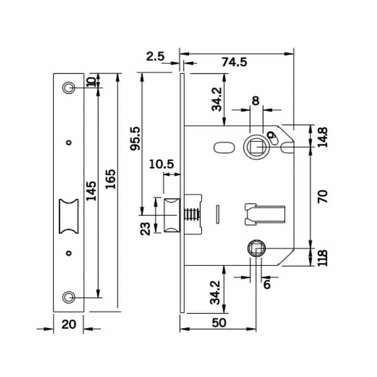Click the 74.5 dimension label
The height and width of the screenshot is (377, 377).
(x=234, y=62)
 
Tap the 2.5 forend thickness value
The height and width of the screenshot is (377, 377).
(x=155, y=57)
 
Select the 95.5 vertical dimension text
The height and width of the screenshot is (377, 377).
(x=135, y=138)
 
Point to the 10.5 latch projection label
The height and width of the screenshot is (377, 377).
(x=161, y=164)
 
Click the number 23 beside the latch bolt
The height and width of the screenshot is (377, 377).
(x=145, y=229)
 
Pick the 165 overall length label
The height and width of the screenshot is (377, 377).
(x=110, y=179)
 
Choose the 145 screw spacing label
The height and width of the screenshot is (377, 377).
(x=91, y=191)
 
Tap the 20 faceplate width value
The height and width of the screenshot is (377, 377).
(x=69, y=324)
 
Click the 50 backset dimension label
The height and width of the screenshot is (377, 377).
(x=219, y=323)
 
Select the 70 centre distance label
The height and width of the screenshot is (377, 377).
(x=323, y=196)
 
